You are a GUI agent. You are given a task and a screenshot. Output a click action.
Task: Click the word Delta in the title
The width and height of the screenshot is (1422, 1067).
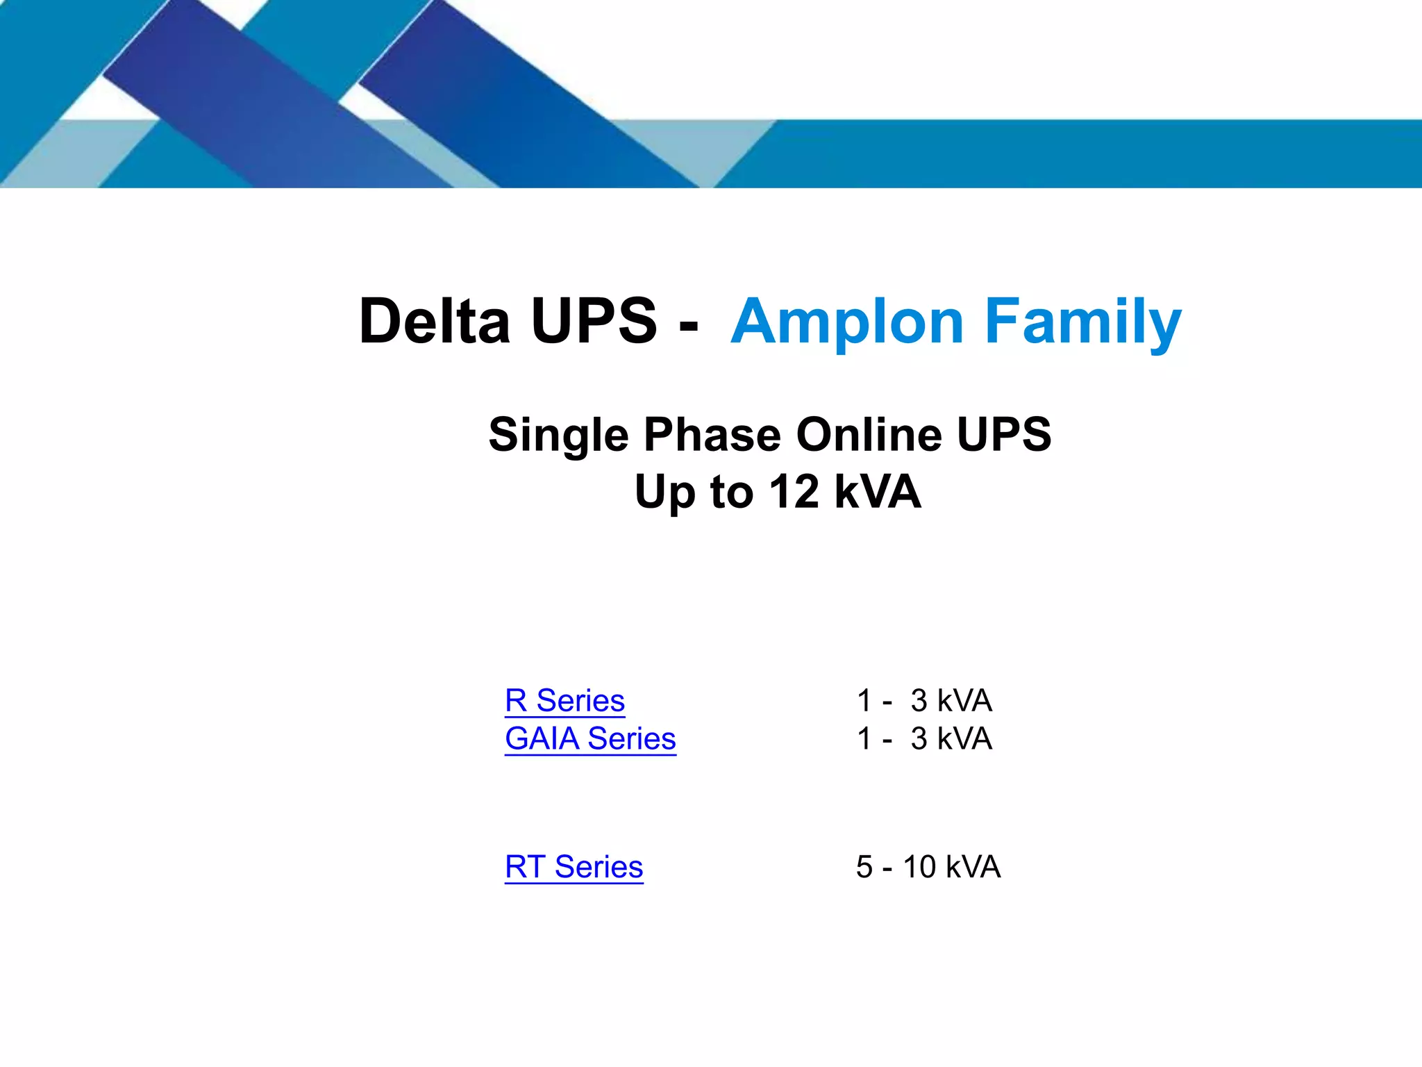(x=434, y=321)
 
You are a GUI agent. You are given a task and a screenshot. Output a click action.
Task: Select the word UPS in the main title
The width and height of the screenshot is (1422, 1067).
(x=594, y=321)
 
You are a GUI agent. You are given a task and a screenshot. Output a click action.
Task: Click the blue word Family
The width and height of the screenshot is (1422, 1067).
(x=1083, y=321)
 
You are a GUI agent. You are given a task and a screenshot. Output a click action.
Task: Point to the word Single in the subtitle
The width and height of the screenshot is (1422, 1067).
(x=559, y=435)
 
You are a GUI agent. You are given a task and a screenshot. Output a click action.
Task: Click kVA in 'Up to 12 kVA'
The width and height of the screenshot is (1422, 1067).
(x=878, y=492)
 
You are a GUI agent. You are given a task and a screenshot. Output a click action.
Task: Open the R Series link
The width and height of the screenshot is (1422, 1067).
(x=564, y=700)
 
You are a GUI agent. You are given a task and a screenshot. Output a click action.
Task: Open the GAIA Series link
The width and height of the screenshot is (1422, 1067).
(x=590, y=738)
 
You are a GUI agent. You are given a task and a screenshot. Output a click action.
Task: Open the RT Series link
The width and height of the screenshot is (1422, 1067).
(x=574, y=867)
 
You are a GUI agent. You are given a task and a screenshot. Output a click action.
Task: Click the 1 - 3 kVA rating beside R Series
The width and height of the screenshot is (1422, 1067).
(x=924, y=700)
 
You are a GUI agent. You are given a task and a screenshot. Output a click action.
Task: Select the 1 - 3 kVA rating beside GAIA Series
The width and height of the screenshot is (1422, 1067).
(x=924, y=738)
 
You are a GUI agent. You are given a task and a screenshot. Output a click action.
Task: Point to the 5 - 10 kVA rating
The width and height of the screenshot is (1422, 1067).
(x=928, y=867)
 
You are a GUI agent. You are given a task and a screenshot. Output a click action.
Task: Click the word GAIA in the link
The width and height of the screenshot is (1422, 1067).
(x=542, y=738)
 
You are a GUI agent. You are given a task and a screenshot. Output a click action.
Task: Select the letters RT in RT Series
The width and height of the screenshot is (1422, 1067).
(x=525, y=867)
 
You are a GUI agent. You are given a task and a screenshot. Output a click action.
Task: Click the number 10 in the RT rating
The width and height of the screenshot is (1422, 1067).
(x=919, y=867)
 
